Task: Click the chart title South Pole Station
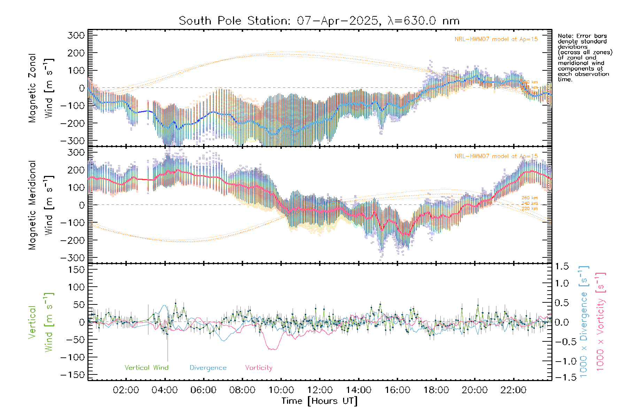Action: [x=319, y=21]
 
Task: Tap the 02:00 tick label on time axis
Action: [x=126, y=390]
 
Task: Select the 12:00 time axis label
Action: [x=320, y=390]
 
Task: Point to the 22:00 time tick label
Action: [x=513, y=390]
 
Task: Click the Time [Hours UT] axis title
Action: [x=319, y=401]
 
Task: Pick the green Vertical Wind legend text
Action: [x=146, y=367]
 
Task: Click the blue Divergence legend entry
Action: [x=208, y=367]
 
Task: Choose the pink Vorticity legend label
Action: [x=258, y=367]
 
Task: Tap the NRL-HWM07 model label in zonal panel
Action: [x=496, y=39]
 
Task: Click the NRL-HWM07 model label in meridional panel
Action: [x=496, y=156]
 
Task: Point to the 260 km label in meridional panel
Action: [x=529, y=198]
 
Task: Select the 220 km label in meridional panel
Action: [x=529, y=209]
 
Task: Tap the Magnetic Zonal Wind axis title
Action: [x=41, y=88]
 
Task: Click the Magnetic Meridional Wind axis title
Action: [x=41, y=205]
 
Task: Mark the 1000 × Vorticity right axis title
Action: [x=601, y=322]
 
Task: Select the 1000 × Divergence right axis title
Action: [x=584, y=322]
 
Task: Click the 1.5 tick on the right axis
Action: [x=562, y=266]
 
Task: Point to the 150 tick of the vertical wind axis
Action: [x=76, y=270]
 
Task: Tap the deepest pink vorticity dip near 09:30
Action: [x=272, y=349]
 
